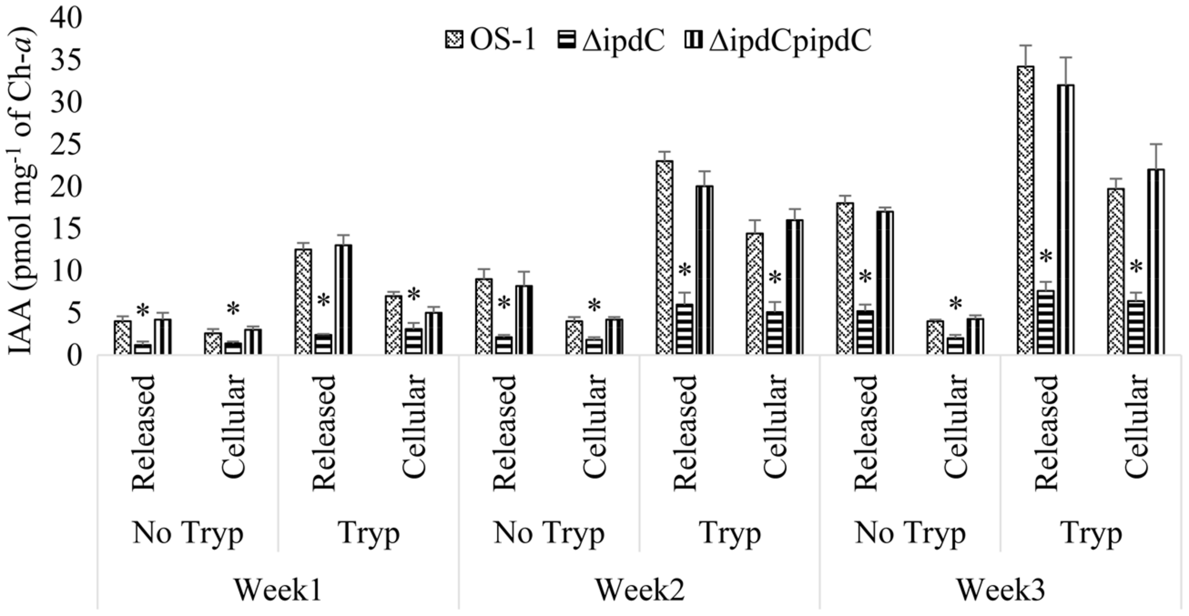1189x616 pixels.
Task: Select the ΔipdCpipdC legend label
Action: (790, 40)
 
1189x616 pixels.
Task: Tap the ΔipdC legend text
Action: (623, 40)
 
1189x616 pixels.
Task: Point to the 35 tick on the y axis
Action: (65, 61)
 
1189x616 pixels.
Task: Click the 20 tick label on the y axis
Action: (65, 188)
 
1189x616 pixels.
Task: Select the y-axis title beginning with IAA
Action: (22, 192)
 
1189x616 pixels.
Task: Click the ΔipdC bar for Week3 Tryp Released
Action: (1045, 322)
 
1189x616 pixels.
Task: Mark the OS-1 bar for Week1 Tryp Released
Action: (303, 302)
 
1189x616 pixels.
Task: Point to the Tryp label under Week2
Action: (729, 533)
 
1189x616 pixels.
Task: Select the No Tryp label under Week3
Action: (910, 533)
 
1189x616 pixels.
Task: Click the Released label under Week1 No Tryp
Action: (144, 432)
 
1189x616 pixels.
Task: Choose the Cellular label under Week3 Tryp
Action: (1136, 426)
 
